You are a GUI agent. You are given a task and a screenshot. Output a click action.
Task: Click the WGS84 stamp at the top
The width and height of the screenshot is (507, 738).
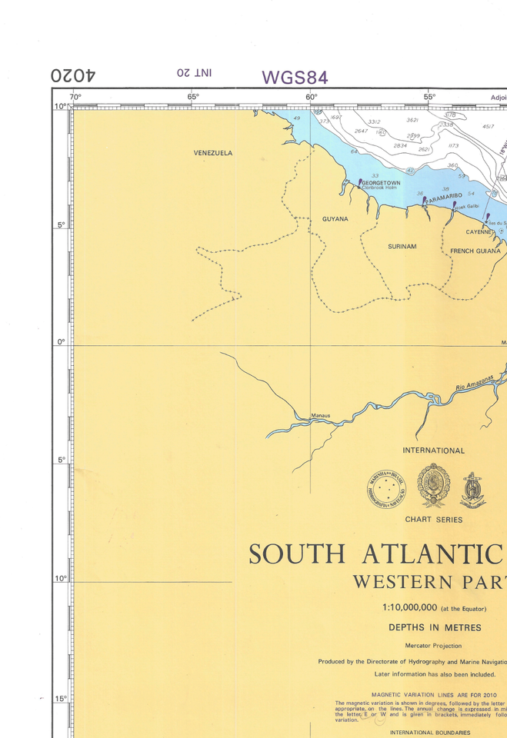coord(295,78)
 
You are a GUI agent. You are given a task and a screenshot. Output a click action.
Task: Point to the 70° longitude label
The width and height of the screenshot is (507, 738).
coord(75,97)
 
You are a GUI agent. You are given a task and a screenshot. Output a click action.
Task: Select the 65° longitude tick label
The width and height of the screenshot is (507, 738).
coord(193,97)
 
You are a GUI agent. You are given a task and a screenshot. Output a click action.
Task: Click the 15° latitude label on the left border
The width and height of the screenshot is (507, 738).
coord(60,699)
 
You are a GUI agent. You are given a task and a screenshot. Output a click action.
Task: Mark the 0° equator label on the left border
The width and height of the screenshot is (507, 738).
coord(62,343)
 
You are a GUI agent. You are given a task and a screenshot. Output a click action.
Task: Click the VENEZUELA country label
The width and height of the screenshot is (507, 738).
coord(212,153)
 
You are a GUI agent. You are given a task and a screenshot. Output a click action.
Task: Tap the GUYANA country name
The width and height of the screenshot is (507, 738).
coord(335,219)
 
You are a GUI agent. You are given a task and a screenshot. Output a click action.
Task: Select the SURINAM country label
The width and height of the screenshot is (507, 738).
coord(402,247)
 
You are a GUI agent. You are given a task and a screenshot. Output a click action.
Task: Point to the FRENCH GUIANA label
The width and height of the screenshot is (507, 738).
coord(475,251)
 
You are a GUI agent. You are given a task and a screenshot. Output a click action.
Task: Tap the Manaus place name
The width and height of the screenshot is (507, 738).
coord(320,416)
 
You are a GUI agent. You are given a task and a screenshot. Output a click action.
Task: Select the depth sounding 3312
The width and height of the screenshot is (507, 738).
coord(374,122)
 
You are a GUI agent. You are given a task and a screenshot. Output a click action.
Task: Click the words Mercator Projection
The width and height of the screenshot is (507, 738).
coord(433,646)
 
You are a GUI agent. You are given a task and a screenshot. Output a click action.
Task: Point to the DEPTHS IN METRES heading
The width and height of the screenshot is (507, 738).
coord(435,627)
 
